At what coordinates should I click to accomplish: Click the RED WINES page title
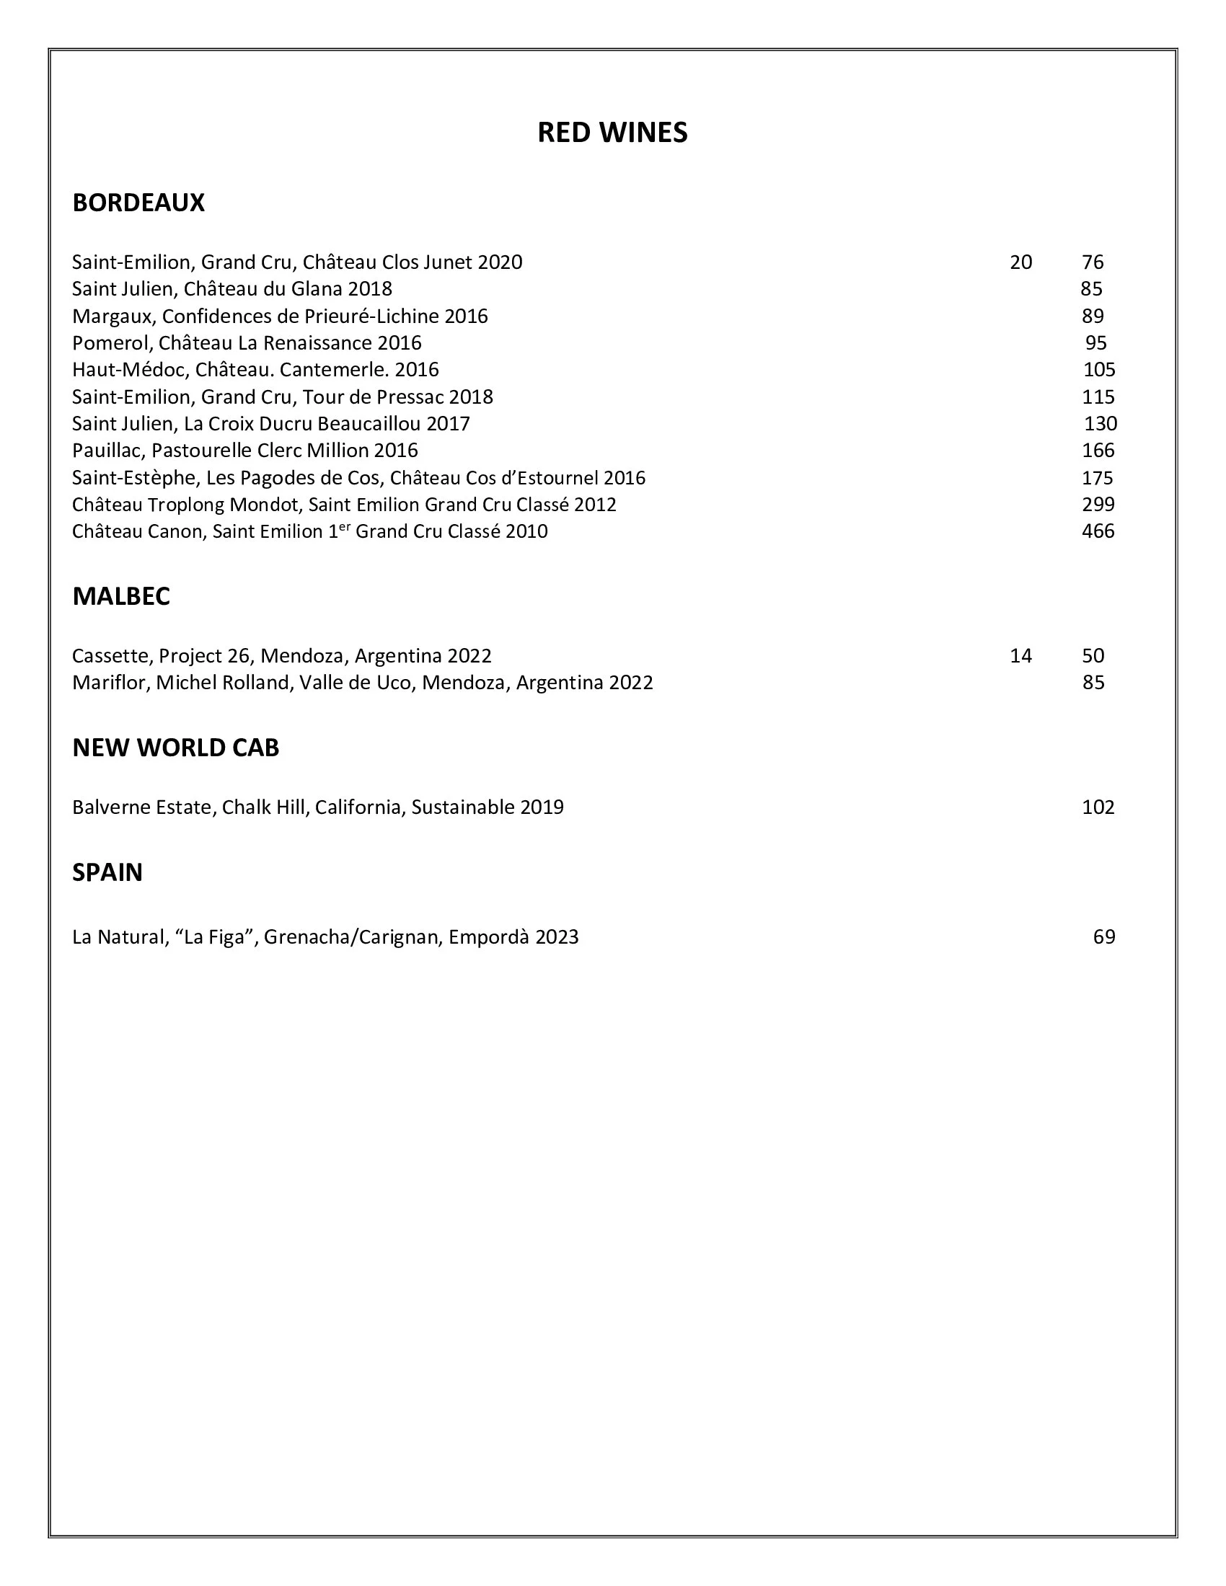coord(612,133)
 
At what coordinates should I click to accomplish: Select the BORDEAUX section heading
coord(138,203)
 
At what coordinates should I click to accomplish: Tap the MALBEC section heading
coord(121,596)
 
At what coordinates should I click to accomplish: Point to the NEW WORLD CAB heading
coord(176,748)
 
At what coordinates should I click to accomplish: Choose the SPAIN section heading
coord(107,872)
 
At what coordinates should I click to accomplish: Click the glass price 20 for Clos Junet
coord(1020,262)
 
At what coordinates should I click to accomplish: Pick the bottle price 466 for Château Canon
coord(1098,531)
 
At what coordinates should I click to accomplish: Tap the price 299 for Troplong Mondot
coord(1098,505)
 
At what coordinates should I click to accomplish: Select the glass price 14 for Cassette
coord(1020,657)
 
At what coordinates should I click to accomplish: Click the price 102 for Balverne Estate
coord(1098,807)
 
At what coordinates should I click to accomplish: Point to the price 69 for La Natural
coord(1103,937)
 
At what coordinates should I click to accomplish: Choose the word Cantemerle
coord(332,371)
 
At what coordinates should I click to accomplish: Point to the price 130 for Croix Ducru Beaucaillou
coord(1100,424)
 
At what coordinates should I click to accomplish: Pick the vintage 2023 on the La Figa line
coord(556,937)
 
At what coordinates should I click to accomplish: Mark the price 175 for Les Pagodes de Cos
coord(1097,479)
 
